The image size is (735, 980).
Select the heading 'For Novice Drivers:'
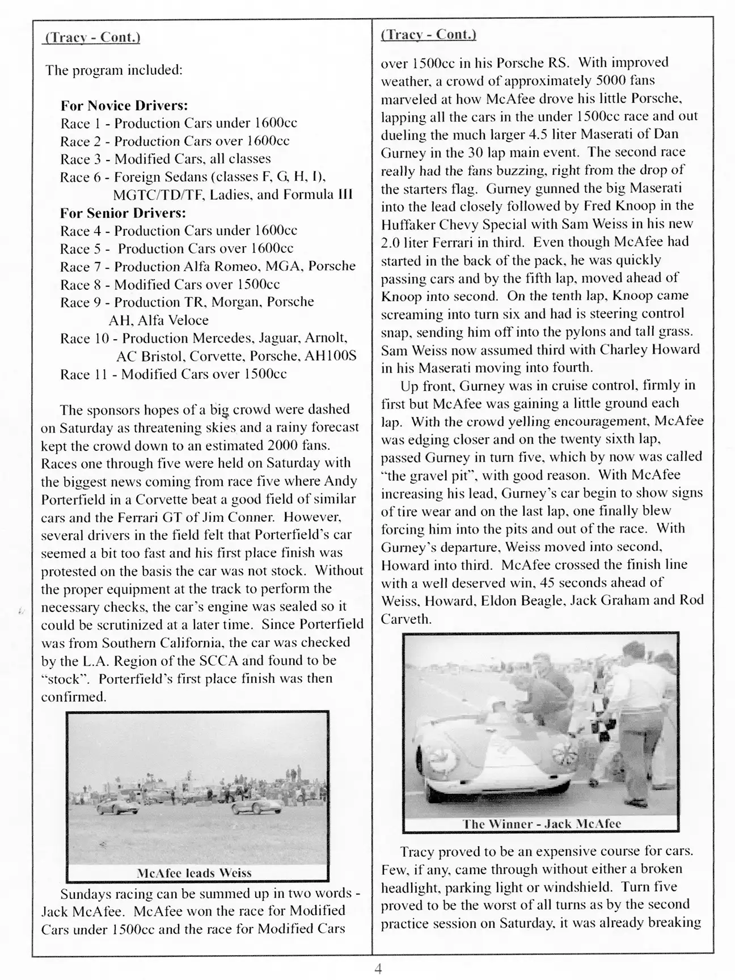point(124,105)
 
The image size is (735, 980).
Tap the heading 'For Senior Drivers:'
point(123,213)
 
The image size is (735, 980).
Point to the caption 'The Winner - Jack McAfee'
point(542,824)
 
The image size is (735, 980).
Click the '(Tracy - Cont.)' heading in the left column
point(92,37)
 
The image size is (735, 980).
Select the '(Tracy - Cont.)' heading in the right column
point(428,34)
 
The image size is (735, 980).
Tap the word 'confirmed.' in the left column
point(74,697)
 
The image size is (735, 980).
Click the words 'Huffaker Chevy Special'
point(445,224)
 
